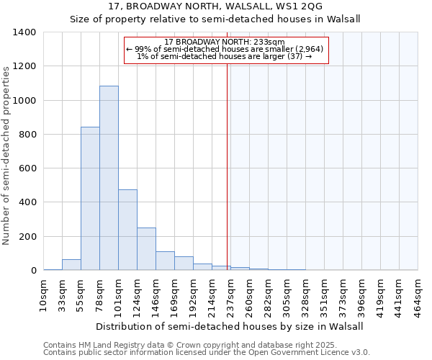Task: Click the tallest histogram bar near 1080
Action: click(109, 178)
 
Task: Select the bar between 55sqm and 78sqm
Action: click(90, 198)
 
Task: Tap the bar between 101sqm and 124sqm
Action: click(127, 230)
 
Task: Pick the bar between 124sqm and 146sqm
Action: click(146, 248)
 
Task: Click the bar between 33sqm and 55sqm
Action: click(71, 264)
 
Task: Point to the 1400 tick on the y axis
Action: click(24, 32)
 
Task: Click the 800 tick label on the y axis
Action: click(27, 135)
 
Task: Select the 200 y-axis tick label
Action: click(27, 237)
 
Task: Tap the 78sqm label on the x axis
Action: click(99, 293)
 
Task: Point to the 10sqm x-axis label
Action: click(43, 293)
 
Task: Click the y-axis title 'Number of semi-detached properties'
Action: click(6, 155)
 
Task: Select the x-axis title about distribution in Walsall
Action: click(229, 326)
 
